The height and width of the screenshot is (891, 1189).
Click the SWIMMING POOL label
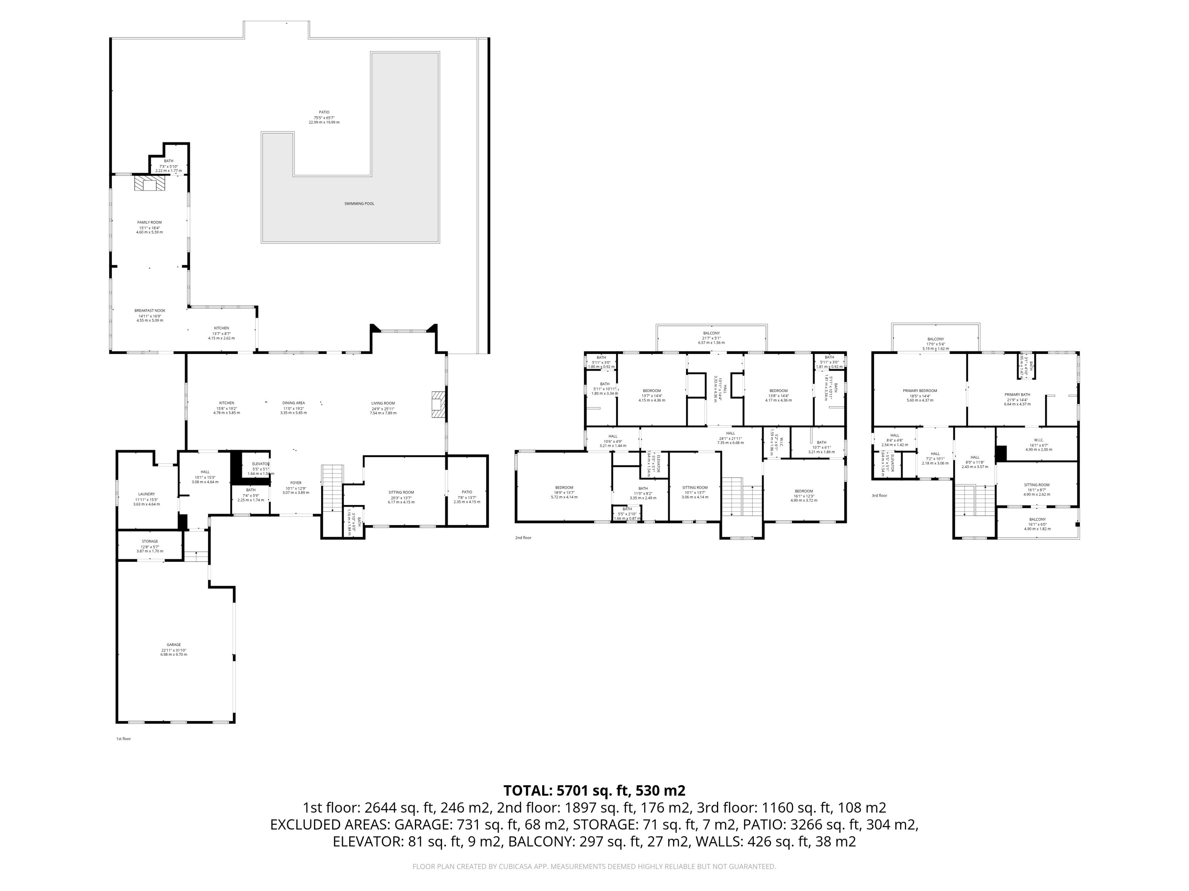pos(359,204)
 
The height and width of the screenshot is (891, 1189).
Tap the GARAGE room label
pos(174,644)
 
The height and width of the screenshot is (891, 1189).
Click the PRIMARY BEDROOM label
pos(920,391)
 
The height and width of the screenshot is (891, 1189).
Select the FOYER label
pos(296,483)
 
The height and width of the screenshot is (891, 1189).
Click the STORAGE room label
pos(150,541)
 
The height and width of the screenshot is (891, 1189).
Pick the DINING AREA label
pos(294,403)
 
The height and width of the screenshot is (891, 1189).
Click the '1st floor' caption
pos(124,739)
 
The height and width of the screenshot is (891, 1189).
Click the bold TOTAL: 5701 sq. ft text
pos(594,790)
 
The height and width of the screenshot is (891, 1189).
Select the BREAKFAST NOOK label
pos(149,310)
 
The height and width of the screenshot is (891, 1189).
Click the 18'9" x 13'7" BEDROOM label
pos(564,487)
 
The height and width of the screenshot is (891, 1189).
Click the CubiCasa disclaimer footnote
pos(594,866)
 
